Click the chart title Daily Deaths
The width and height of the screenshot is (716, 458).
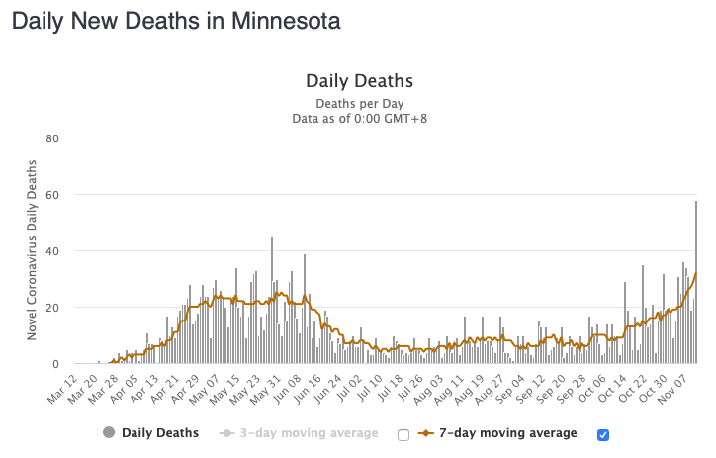pos(358,80)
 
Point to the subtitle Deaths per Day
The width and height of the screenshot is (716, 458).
pos(358,104)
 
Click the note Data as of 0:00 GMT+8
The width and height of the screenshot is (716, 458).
pos(358,119)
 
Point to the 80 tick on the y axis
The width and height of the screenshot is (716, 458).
pos(53,137)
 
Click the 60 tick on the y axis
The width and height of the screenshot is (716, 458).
pos(53,194)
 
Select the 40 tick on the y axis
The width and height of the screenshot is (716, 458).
pos(53,250)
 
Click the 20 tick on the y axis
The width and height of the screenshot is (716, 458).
pos(53,308)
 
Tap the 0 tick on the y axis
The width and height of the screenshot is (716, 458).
pos(56,364)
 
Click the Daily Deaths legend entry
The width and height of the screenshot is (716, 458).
pos(150,433)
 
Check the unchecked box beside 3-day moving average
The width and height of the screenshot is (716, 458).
pos(403,434)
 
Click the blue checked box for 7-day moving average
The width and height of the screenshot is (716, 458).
pos(603,434)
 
